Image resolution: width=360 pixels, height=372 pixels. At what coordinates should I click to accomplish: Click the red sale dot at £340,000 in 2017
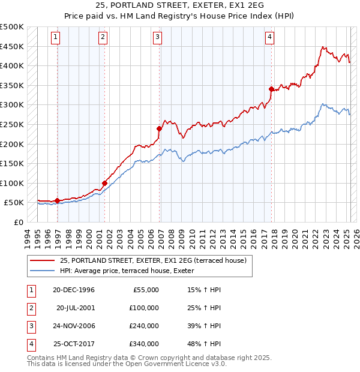click(x=271, y=89)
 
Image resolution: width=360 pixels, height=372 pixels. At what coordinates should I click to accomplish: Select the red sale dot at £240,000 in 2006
click(x=160, y=128)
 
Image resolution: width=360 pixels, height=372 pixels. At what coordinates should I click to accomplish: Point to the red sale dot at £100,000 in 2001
click(x=104, y=183)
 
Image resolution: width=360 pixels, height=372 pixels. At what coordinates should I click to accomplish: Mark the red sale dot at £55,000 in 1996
click(x=58, y=200)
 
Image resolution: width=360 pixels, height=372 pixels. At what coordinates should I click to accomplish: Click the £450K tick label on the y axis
click(x=12, y=46)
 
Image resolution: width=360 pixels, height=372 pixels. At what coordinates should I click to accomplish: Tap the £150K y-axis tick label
click(x=12, y=163)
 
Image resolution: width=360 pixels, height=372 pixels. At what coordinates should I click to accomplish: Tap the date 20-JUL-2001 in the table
click(x=75, y=308)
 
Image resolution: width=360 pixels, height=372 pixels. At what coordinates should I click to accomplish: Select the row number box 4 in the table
click(x=29, y=344)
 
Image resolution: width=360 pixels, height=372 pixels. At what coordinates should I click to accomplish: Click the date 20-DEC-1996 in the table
click(x=74, y=290)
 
